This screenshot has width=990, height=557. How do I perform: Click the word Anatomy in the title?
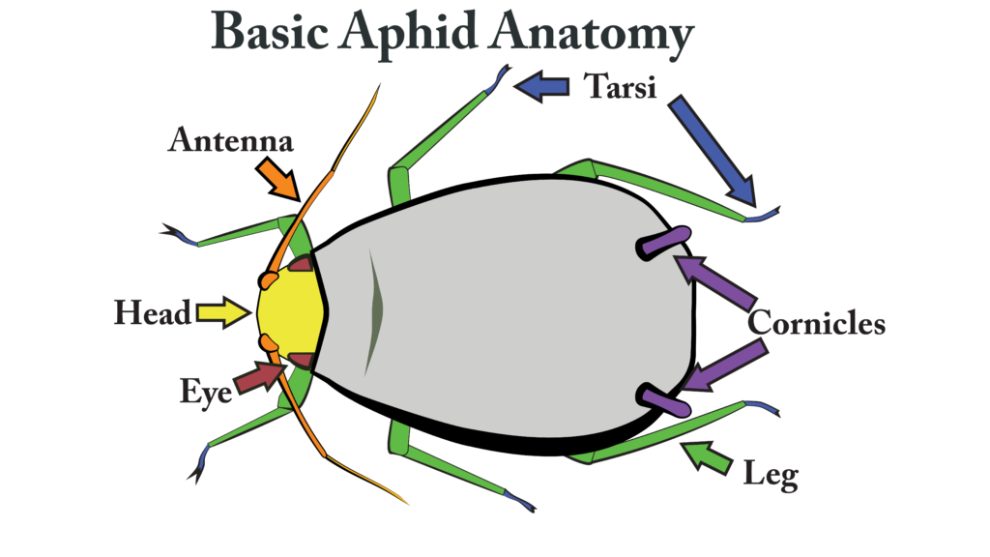pos(591,36)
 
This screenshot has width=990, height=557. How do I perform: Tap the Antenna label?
pos(231,141)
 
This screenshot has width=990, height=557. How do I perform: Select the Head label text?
pos(152,313)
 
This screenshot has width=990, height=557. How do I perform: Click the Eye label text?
pos(205,391)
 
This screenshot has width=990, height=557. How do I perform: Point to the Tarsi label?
pos(620,88)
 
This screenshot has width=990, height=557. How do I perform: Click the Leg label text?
pos(771,475)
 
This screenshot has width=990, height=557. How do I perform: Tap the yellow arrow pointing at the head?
pos(223,312)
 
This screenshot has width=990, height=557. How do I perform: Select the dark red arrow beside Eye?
pos(258,376)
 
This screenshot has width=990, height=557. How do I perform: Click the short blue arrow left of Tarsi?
pos(541,88)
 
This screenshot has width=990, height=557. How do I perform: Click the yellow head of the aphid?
pos(292,311)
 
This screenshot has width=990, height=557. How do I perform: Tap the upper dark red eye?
pos(302,263)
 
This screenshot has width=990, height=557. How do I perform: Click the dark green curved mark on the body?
pos(373,311)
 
